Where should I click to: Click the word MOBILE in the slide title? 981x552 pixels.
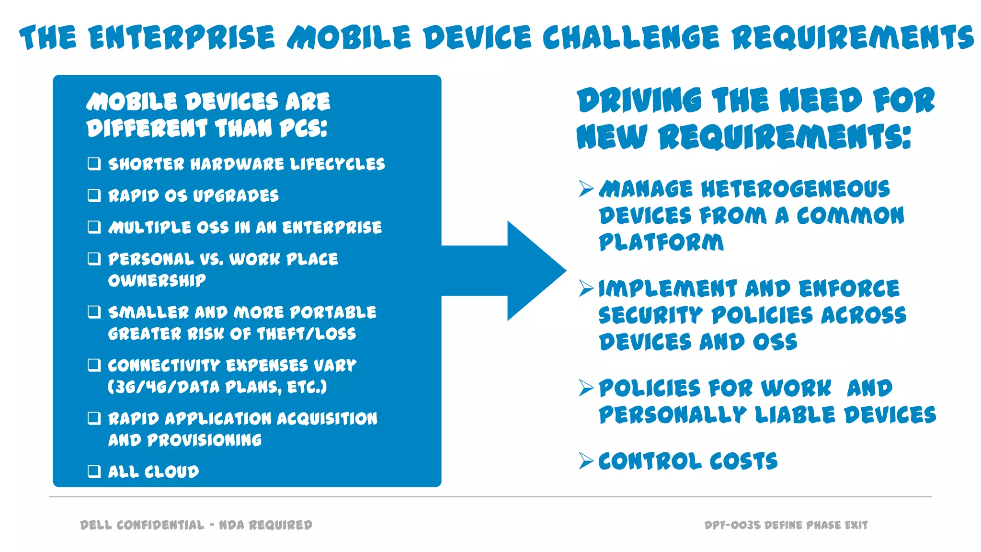point(349,37)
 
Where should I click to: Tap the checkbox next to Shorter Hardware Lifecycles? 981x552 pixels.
point(94,164)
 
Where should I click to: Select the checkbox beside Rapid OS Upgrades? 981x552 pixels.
point(94,195)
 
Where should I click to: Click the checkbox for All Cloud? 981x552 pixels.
point(94,471)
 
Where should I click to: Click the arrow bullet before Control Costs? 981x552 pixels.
point(586,460)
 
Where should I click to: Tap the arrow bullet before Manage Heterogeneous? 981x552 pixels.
point(586,188)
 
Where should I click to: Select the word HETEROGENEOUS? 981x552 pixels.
point(795,189)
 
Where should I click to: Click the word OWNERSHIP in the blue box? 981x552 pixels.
point(157,280)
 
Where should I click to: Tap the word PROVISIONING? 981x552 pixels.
point(205,440)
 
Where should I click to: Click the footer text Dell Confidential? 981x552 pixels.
point(142,525)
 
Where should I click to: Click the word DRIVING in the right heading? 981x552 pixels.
point(639,101)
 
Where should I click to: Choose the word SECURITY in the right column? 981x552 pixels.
point(650,316)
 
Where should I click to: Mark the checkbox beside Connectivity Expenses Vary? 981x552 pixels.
point(94,365)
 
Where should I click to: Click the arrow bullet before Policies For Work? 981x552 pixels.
point(586,388)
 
